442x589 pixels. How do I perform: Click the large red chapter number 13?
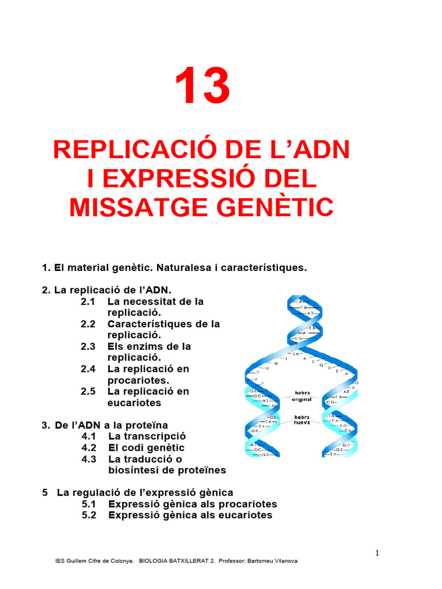[x=203, y=86]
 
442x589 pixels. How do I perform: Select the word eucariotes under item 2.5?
[x=134, y=403]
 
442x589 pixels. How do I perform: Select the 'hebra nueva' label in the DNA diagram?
[x=302, y=420]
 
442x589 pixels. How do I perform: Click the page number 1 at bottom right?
[x=377, y=553]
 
